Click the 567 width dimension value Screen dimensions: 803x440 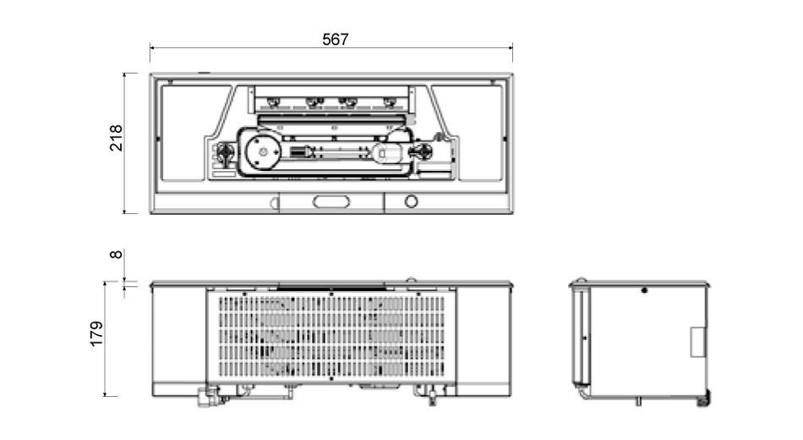pos(336,40)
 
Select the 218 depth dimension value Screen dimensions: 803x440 pos(117,138)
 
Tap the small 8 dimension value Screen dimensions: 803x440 pos(117,255)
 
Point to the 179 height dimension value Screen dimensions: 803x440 pos(96,334)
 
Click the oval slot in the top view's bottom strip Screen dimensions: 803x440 pos(331,201)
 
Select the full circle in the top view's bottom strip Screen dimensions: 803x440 pos(412,201)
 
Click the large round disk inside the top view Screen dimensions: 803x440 pos(263,151)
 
